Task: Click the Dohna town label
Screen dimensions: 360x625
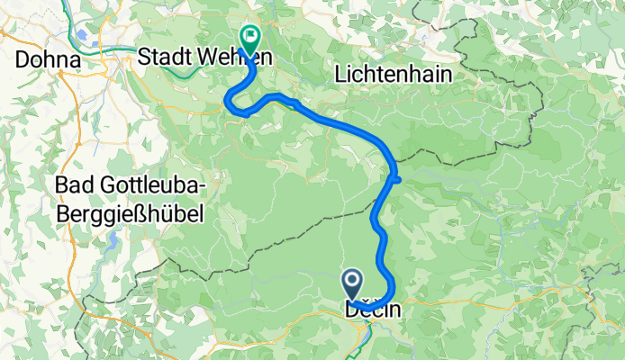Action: pos(48,58)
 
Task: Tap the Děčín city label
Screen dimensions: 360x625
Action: pos(371,310)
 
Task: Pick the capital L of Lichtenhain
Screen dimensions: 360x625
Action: pos(340,76)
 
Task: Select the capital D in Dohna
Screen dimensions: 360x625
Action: pos(23,58)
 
